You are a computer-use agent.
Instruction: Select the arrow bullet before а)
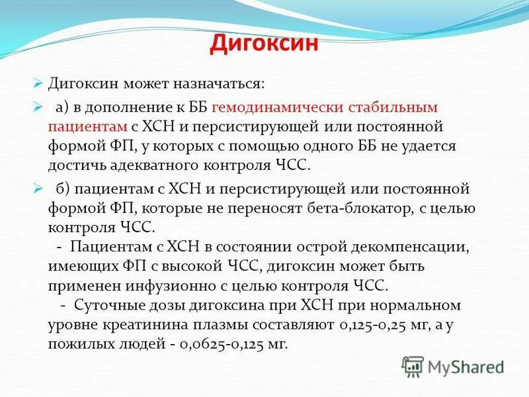(38, 107)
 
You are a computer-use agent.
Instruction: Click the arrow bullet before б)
(38, 188)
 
